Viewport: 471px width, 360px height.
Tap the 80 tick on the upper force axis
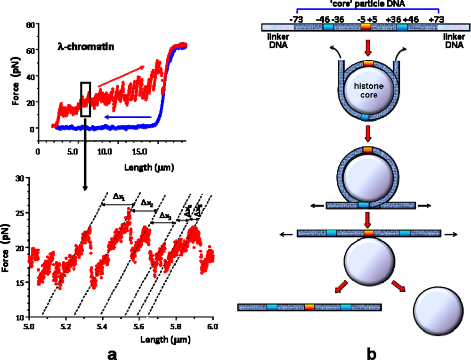(x=29, y=25)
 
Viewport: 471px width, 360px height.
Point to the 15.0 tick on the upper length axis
(x=138, y=153)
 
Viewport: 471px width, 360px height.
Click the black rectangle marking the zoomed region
(x=85, y=99)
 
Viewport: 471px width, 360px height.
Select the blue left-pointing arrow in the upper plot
(x=127, y=117)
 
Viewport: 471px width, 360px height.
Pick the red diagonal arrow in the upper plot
(x=122, y=76)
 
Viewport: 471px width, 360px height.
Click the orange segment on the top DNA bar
(x=366, y=28)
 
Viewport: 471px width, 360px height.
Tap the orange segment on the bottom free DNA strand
(x=309, y=307)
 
